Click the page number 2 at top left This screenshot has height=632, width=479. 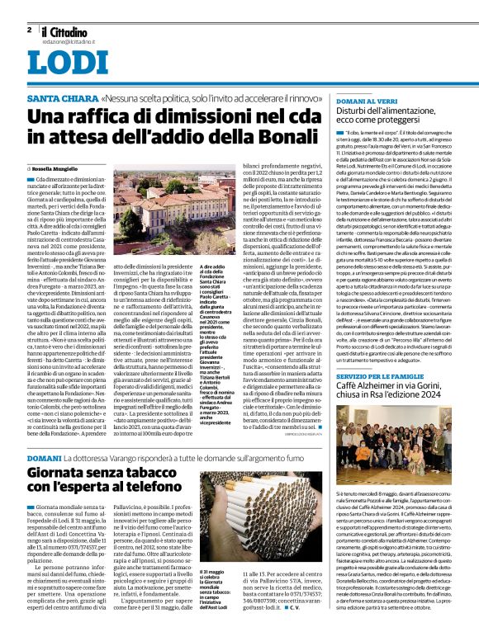click(x=29, y=29)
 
